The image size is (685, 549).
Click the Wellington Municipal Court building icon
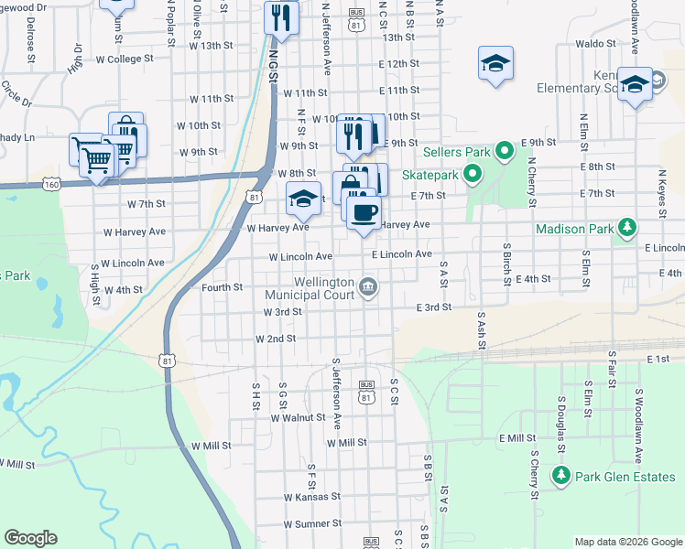[368, 287]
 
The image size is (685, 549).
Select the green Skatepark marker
[472, 172]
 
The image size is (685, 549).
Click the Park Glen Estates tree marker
[560, 475]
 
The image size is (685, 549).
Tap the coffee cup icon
[363, 212]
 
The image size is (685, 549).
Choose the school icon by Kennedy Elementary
[634, 85]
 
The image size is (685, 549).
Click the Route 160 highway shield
[52, 184]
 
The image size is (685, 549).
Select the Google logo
[30, 538]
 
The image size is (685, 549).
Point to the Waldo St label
[595, 43]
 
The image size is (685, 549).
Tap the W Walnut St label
[298, 417]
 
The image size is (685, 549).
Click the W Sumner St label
[312, 524]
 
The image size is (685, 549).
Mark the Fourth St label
[222, 287]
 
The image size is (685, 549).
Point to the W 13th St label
[212, 45]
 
